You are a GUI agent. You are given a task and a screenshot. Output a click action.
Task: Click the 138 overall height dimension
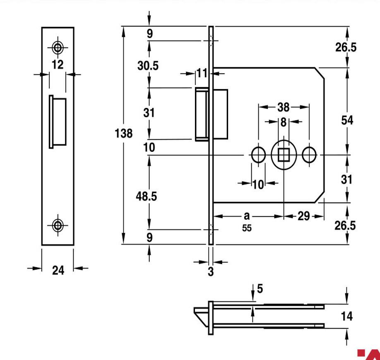pyautogui.click(x=124, y=134)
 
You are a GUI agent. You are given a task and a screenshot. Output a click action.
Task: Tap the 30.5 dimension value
pyautogui.click(x=148, y=66)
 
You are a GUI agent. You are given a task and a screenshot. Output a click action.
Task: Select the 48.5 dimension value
pyautogui.click(x=147, y=196)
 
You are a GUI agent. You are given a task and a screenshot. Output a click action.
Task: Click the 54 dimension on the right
pyautogui.click(x=347, y=120)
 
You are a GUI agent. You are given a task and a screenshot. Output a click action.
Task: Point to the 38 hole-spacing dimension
pyautogui.click(x=283, y=107)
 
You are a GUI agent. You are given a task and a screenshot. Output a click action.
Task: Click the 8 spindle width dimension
pyautogui.click(x=284, y=122)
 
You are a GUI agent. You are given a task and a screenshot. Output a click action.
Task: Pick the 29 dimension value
pyautogui.click(x=304, y=216)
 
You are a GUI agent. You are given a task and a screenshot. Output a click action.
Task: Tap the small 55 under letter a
pyautogui.click(x=247, y=228)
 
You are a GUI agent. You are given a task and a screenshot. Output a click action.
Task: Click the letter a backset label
pyautogui.click(x=246, y=216)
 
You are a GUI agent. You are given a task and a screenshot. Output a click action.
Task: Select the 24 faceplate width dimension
pyautogui.click(x=58, y=270)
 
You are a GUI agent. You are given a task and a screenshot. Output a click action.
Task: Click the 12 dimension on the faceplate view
pyautogui.click(x=58, y=65)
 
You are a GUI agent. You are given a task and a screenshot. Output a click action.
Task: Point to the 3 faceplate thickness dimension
pyautogui.click(x=211, y=271)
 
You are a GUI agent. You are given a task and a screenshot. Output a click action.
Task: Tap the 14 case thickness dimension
pyautogui.click(x=347, y=316)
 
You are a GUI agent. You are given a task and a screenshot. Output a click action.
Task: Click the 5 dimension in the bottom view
pyautogui.click(x=260, y=289)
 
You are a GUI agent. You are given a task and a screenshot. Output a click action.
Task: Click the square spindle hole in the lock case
pyautogui.click(x=284, y=155)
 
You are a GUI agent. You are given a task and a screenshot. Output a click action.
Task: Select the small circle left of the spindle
pyautogui.click(x=259, y=155)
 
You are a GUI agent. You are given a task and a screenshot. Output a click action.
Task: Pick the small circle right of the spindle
pyautogui.click(x=309, y=155)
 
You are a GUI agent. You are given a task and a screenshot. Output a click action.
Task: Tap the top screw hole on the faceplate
pyautogui.click(x=58, y=48)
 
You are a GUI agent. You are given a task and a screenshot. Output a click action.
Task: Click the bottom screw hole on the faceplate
pyautogui.click(x=58, y=225)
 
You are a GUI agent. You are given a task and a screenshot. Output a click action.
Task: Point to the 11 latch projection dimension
pyautogui.click(x=202, y=73)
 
